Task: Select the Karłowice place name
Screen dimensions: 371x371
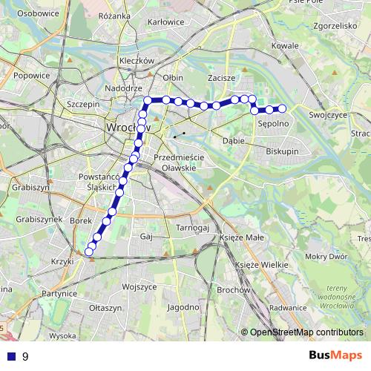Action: point(165,22)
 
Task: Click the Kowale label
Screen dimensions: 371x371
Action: point(284,46)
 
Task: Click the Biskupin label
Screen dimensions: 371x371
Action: point(283,151)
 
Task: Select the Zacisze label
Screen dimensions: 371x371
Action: point(222,77)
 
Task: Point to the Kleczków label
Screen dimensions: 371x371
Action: point(135,61)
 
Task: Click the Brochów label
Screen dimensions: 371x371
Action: point(233,290)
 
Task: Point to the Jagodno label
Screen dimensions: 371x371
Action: point(183,306)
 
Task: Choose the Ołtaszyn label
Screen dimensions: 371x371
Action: point(104,307)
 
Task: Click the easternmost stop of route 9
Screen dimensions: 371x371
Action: point(282,110)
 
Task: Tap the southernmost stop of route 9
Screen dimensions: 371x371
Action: point(89,252)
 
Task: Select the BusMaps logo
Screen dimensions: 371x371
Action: point(332,355)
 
